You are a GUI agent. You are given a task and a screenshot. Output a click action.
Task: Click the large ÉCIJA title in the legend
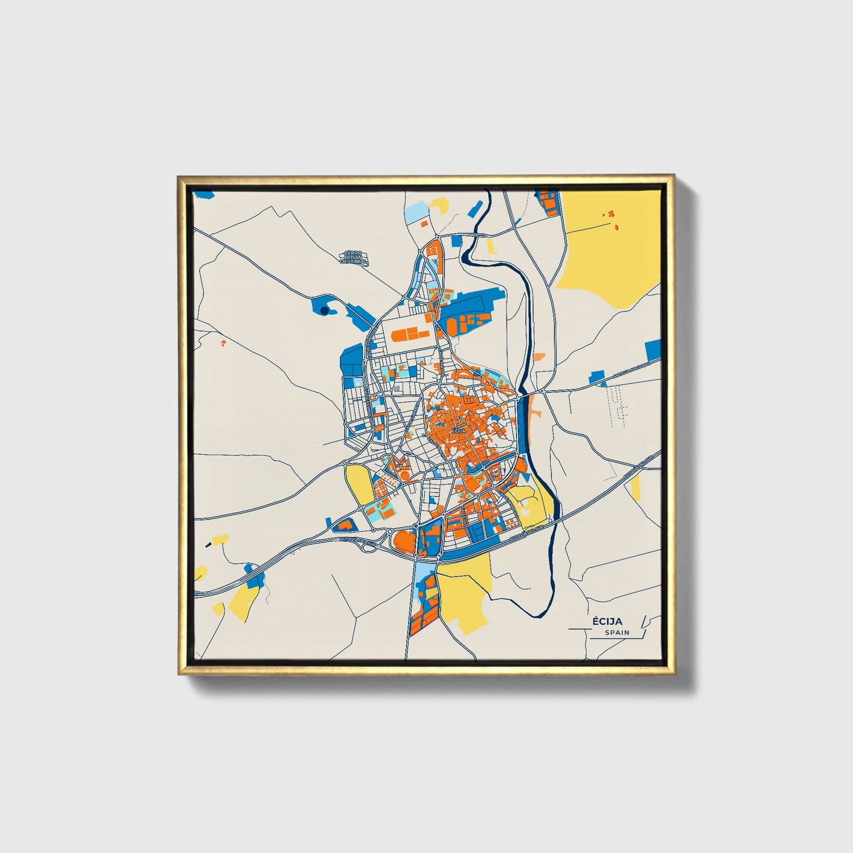coord(607,621)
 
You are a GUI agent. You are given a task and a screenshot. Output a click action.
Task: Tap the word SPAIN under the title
coord(617,632)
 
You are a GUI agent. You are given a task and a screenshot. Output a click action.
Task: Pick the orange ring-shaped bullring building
coord(404,473)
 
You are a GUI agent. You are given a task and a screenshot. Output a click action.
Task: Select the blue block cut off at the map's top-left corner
coord(204,193)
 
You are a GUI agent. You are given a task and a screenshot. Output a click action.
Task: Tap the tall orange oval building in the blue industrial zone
coord(452,325)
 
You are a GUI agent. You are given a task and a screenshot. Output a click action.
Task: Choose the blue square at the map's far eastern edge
coord(653,350)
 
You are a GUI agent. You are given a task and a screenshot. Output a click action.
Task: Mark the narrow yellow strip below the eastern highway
coord(635,486)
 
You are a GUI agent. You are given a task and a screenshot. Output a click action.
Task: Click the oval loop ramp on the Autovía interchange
coord(368,546)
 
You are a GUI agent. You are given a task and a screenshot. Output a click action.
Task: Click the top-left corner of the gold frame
coord(178,176)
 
